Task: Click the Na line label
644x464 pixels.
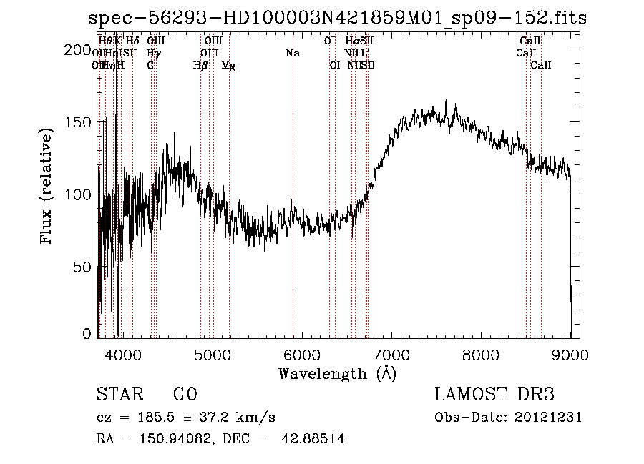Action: tap(292, 53)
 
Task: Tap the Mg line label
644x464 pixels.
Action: tap(228, 66)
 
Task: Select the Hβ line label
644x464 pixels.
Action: tap(200, 66)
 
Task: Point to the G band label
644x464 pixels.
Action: tap(150, 66)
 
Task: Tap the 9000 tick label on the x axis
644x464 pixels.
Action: tap(570, 354)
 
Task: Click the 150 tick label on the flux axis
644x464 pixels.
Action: tap(78, 122)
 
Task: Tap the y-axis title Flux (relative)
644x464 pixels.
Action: tap(48, 188)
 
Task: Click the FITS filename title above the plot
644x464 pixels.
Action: tap(337, 18)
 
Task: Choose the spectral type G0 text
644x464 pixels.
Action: tap(185, 395)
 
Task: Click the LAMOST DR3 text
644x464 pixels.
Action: tap(494, 395)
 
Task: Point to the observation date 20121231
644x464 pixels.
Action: tap(550, 418)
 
